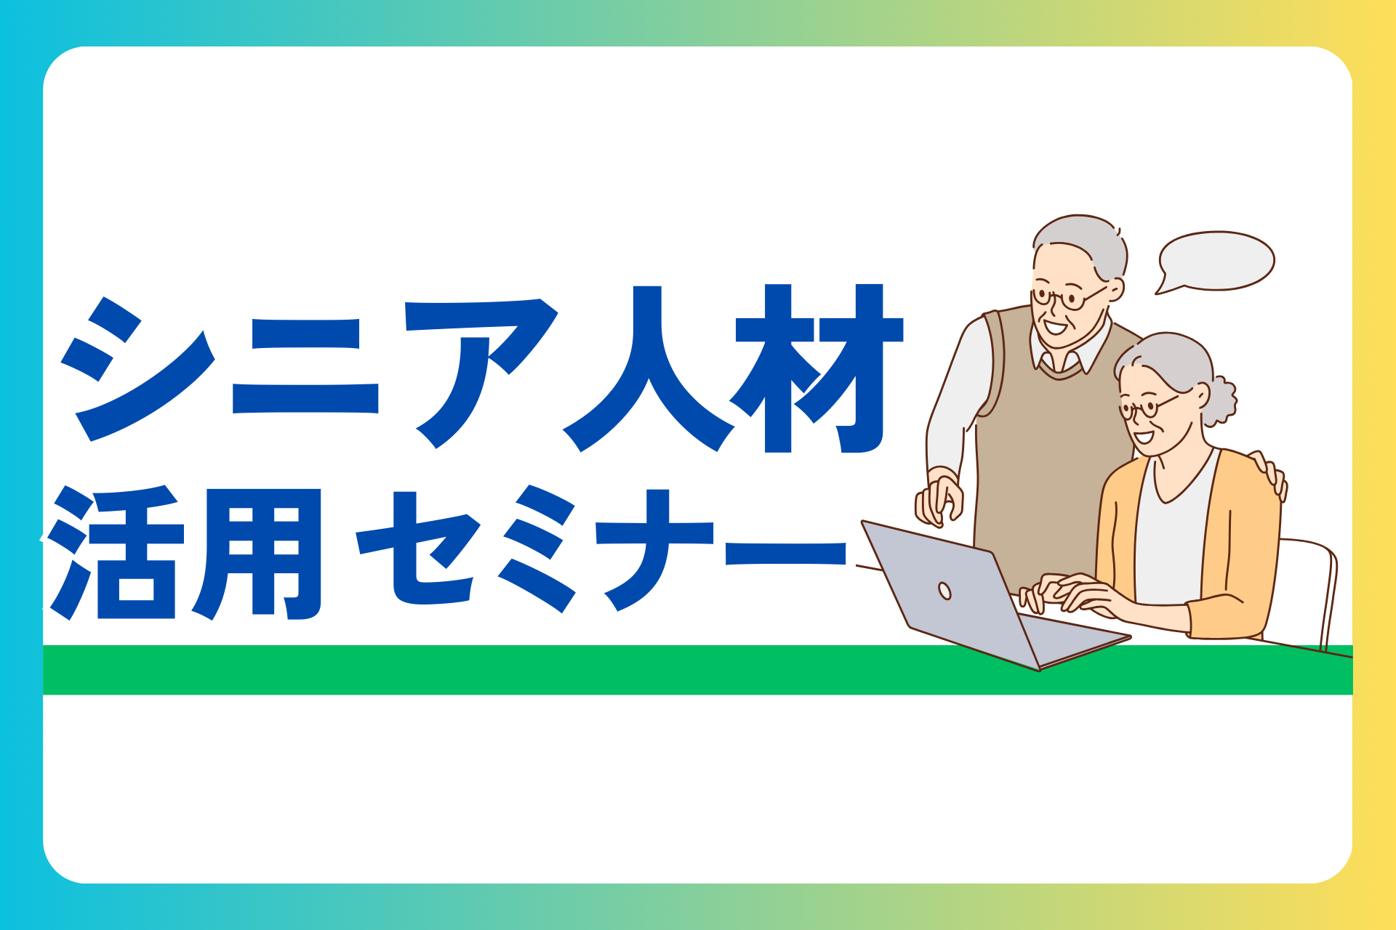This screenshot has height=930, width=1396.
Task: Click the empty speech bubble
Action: pyautogui.click(x=1216, y=262)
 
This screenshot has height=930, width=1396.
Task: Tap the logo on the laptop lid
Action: pyautogui.click(x=944, y=591)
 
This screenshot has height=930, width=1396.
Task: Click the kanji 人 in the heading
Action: pyautogui.click(x=648, y=368)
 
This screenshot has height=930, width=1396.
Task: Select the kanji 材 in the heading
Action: pyautogui.click(x=819, y=368)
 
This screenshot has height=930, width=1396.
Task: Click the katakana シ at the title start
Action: pyautogui.click(x=138, y=368)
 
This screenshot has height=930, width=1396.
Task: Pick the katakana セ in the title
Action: pyautogui.click(x=418, y=549)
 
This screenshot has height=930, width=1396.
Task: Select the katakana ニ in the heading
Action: pyautogui.click(x=305, y=366)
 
